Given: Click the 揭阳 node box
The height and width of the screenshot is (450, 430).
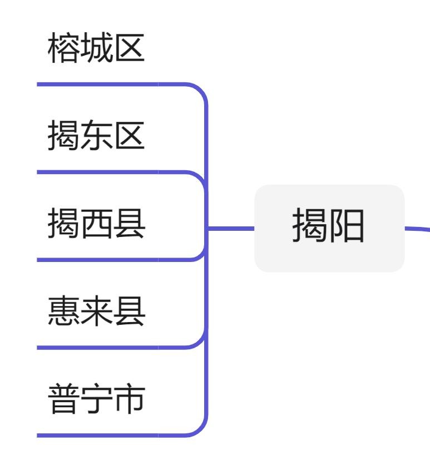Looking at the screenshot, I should tap(329, 228).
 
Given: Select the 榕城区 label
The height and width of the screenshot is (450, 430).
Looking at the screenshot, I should tap(96, 49).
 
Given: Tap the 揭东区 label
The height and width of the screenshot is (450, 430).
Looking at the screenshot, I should tap(96, 137).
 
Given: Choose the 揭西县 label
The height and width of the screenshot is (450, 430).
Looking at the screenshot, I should tap(96, 225).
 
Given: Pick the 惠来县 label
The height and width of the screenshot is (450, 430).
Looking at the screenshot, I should tap(96, 313).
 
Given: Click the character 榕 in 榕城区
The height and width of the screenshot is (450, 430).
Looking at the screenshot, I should tap(64, 49).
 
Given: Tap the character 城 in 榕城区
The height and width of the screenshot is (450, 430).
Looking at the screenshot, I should tap(97, 49).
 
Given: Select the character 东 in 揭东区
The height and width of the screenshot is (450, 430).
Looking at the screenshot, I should tap(97, 137).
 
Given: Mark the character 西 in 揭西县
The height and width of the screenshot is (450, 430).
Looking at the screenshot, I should tap(97, 225).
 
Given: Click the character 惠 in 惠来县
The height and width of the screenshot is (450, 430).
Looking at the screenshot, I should tap(64, 313).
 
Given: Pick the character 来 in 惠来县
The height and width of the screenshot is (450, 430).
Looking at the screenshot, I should tap(97, 313).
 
